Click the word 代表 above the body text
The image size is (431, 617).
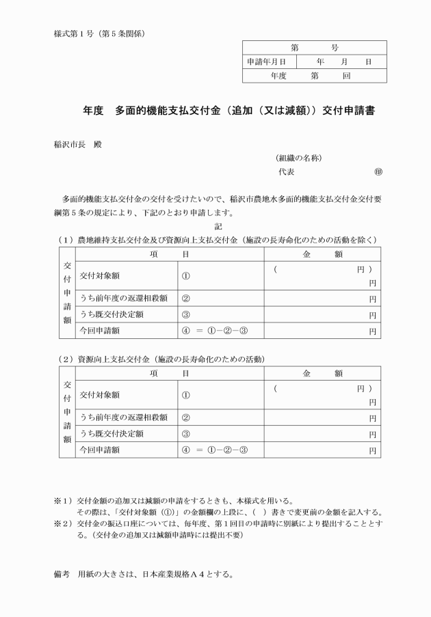(286, 173)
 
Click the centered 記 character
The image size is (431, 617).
(218, 226)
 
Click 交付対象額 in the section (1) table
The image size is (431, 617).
(100, 277)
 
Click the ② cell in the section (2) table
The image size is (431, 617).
(185, 417)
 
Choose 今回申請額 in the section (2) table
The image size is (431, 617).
(100, 450)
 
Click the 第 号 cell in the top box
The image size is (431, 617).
(314, 48)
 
